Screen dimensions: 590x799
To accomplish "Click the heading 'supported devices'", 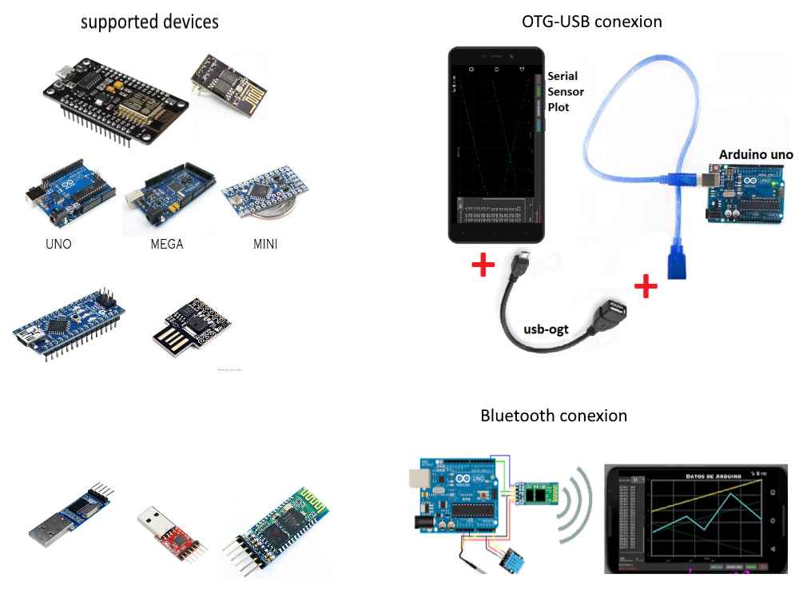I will (149, 22).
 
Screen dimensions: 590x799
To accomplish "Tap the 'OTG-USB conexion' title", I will (592, 22).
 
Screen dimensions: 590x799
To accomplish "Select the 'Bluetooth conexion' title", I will (554, 416).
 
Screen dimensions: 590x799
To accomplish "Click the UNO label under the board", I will (58, 244).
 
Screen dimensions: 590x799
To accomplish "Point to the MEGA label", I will (167, 244).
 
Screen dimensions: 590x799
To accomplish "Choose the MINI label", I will (265, 244).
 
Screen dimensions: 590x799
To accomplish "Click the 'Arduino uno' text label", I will (756, 154).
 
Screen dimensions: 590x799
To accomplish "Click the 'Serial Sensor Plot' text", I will (566, 92).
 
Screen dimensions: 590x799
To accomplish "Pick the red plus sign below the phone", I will (483, 266).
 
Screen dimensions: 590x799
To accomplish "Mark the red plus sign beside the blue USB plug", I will (646, 285).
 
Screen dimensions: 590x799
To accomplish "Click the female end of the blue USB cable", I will (675, 263).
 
